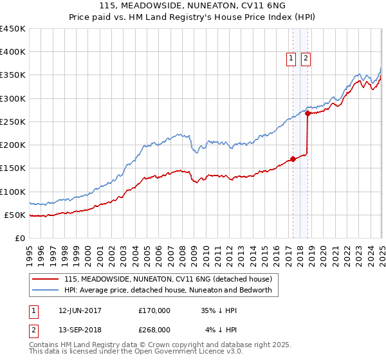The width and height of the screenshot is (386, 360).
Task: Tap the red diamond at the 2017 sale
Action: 293,159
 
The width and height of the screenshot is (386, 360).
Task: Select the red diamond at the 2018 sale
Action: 308,114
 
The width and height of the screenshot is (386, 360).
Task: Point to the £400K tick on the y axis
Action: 13,52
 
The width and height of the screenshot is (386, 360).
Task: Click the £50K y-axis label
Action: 15,215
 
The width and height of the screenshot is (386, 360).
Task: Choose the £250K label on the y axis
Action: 13,122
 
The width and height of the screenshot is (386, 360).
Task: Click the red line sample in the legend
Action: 46,279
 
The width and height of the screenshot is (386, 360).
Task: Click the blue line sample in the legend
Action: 46,290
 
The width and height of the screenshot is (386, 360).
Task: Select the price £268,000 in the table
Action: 154,330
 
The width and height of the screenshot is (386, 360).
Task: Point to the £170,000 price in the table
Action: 154,310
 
